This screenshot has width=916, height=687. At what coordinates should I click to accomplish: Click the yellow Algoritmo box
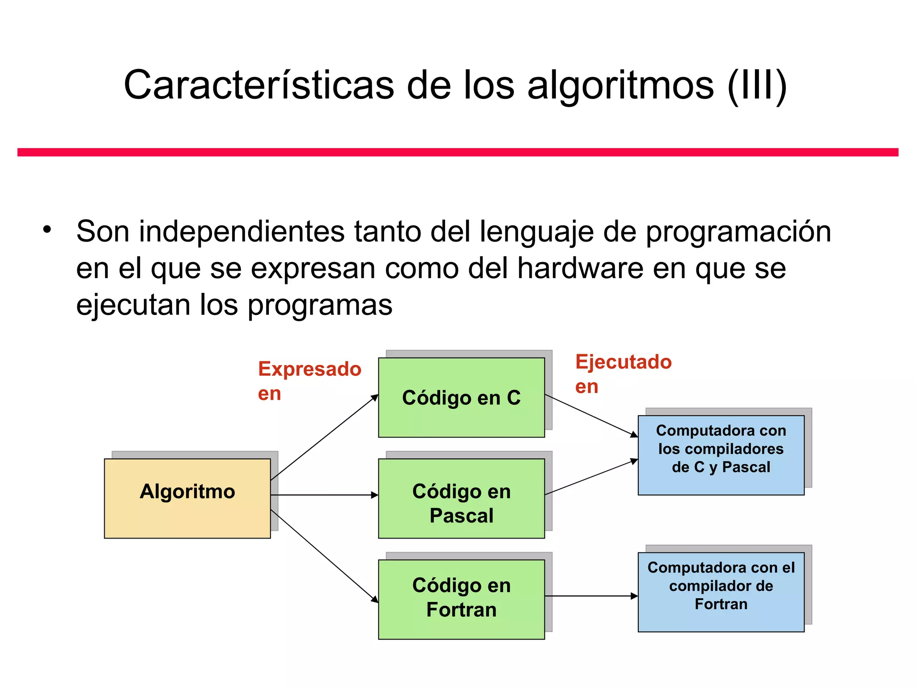tap(187, 498)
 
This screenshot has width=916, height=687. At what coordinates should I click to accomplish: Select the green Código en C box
tap(461, 397)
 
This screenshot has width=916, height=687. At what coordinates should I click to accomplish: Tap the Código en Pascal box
tap(461, 498)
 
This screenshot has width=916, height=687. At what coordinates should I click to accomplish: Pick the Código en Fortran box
tap(461, 599)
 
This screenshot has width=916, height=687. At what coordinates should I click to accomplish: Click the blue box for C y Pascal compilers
tap(721, 455)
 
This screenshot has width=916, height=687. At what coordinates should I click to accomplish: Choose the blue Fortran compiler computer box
tap(721, 592)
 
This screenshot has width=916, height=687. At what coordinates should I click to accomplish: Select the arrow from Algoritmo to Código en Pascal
tap(324, 495)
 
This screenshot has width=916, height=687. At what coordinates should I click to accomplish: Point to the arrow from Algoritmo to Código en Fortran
tap(324, 556)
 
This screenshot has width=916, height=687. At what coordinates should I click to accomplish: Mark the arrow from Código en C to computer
tap(591, 416)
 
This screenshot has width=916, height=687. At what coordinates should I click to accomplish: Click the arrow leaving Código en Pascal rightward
tap(591, 477)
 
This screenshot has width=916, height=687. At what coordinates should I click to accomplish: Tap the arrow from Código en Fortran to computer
tap(591, 596)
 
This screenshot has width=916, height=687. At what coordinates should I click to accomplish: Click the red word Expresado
tap(310, 369)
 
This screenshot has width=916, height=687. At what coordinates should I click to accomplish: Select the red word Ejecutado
tap(623, 362)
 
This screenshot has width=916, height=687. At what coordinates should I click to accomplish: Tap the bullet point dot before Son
tap(47, 230)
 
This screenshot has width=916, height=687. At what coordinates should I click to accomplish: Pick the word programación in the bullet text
tap(738, 232)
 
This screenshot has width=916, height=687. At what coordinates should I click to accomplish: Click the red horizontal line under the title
tap(458, 152)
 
